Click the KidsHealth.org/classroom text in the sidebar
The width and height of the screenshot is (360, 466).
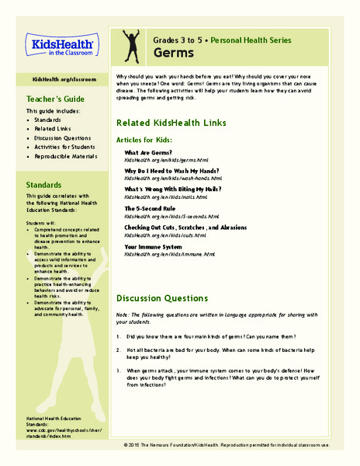click(x=57, y=81)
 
